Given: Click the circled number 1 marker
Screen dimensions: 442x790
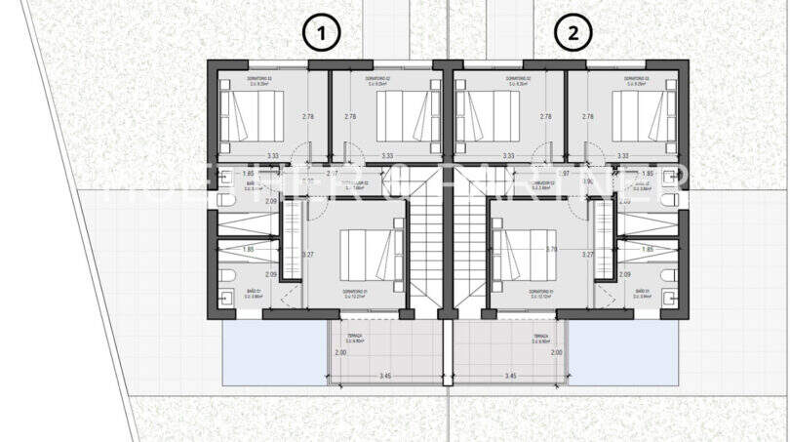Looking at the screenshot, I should pos(322,34).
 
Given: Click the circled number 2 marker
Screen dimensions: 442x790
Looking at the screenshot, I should pos(573,34).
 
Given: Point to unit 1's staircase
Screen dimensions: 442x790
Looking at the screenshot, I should pos(422,244).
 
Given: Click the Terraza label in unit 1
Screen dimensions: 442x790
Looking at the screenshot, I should pos(354,338).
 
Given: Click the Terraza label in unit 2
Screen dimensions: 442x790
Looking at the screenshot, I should pos(537,338).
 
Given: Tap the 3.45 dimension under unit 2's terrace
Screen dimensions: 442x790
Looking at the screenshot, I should pos(509,376).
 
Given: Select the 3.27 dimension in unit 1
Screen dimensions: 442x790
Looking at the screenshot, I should pos(309,255).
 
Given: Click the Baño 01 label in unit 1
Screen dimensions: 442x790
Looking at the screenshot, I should pos(226,292).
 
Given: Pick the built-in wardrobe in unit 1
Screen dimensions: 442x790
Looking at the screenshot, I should pos(291,238).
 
